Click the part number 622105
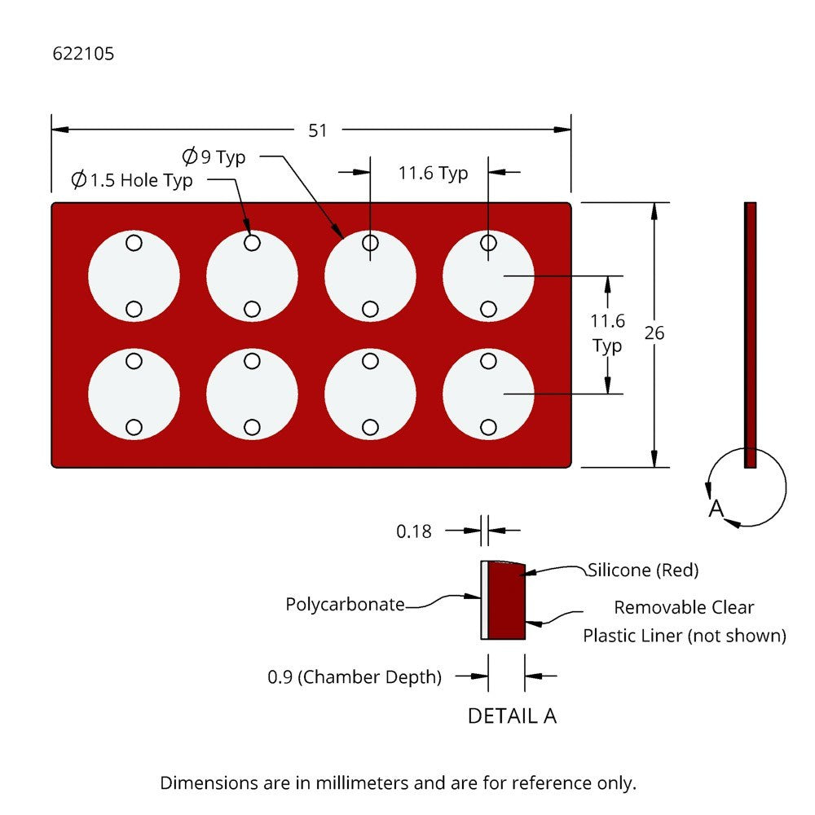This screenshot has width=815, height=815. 83,55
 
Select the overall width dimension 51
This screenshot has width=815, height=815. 318,130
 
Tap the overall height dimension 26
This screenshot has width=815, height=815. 654,333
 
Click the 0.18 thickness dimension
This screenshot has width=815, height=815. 413,531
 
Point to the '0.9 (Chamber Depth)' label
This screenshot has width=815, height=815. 355,676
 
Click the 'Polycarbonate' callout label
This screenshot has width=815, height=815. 345,605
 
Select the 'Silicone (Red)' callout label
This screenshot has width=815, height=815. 643,570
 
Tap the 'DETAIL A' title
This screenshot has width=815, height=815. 512,716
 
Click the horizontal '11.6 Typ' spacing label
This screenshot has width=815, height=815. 433,173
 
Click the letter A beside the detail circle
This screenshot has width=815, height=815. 716,509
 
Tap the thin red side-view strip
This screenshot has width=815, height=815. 751,334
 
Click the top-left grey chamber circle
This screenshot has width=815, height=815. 134,275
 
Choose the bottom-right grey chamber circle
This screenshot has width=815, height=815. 489,394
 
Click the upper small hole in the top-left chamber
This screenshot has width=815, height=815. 134,243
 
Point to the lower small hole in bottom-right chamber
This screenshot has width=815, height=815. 489,427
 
